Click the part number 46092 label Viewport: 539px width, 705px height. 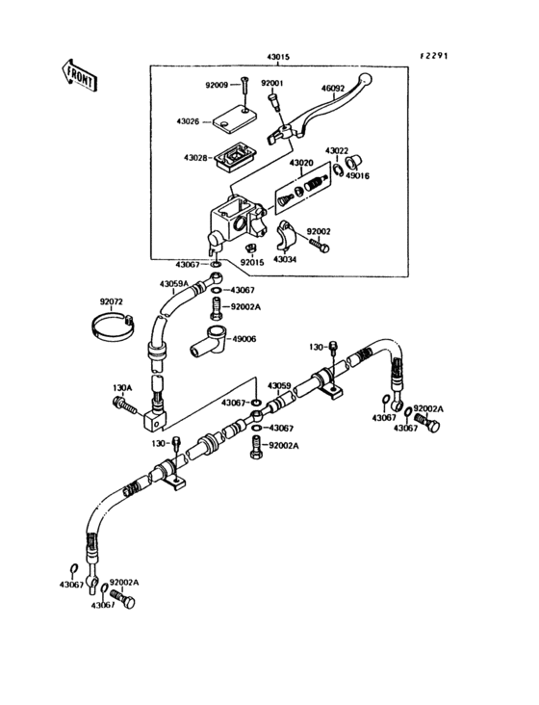point(333,88)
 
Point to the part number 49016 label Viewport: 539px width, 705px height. point(358,176)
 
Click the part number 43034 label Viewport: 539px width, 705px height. point(284,259)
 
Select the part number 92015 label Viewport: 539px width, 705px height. point(252,262)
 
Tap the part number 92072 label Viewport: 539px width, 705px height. point(113,301)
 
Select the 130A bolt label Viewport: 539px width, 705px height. point(122,387)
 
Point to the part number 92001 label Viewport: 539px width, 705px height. point(274,85)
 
